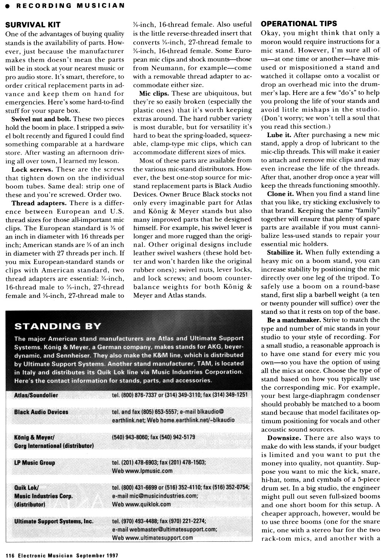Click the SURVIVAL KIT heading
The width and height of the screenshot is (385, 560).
click(x=33, y=25)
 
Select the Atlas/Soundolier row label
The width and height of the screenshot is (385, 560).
click(x=36, y=395)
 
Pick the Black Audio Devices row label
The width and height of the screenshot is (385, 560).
click(x=41, y=412)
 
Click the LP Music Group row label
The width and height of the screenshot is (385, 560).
click(x=34, y=463)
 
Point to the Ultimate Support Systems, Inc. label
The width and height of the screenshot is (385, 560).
click(x=54, y=522)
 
